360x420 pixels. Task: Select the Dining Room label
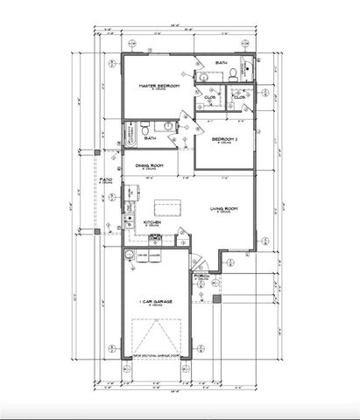click(151, 164)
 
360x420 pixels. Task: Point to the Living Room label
click(224, 208)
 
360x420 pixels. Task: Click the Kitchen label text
click(152, 223)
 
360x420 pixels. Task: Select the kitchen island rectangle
click(166, 208)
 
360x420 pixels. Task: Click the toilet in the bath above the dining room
click(145, 129)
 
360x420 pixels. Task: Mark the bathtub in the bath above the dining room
click(130, 131)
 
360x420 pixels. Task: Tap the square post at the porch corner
click(220, 297)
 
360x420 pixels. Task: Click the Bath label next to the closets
click(222, 63)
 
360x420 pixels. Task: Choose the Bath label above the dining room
click(151, 138)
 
